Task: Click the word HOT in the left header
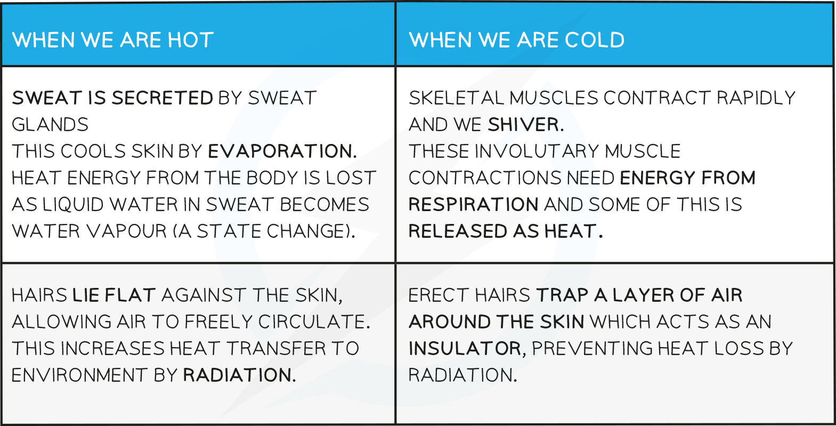coord(191,40)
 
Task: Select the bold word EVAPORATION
coord(282,151)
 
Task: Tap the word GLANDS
coord(50,125)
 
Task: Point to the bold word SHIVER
coord(526,125)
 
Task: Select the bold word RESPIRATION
coord(474,204)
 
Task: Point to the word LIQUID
coord(73,204)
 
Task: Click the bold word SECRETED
coord(163,98)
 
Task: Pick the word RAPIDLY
coord(756,98)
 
